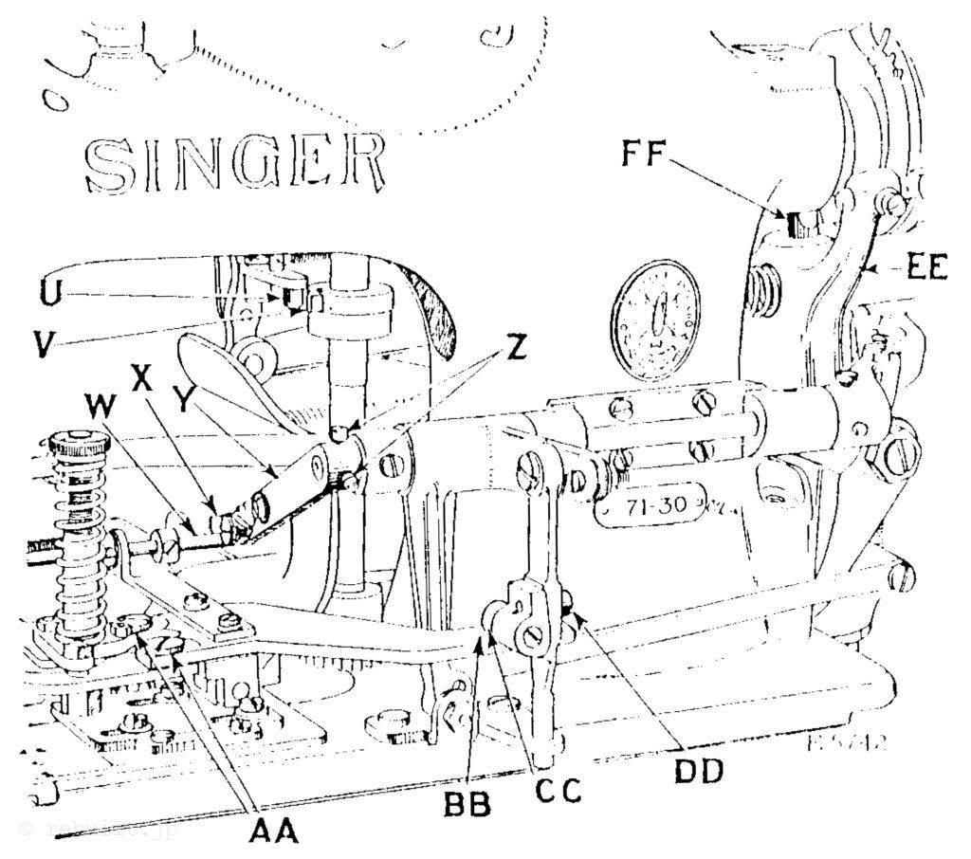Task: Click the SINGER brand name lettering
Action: (235, 162)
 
